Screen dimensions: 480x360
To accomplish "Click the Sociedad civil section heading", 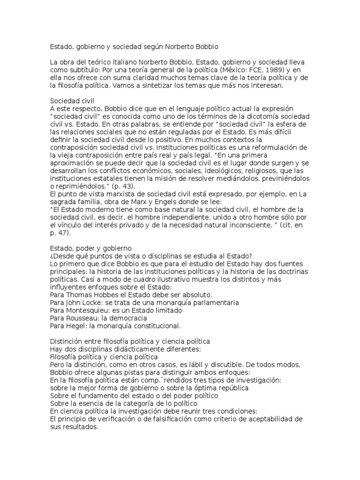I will (73, 100).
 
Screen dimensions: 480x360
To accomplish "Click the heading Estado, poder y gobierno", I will (91, 248).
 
